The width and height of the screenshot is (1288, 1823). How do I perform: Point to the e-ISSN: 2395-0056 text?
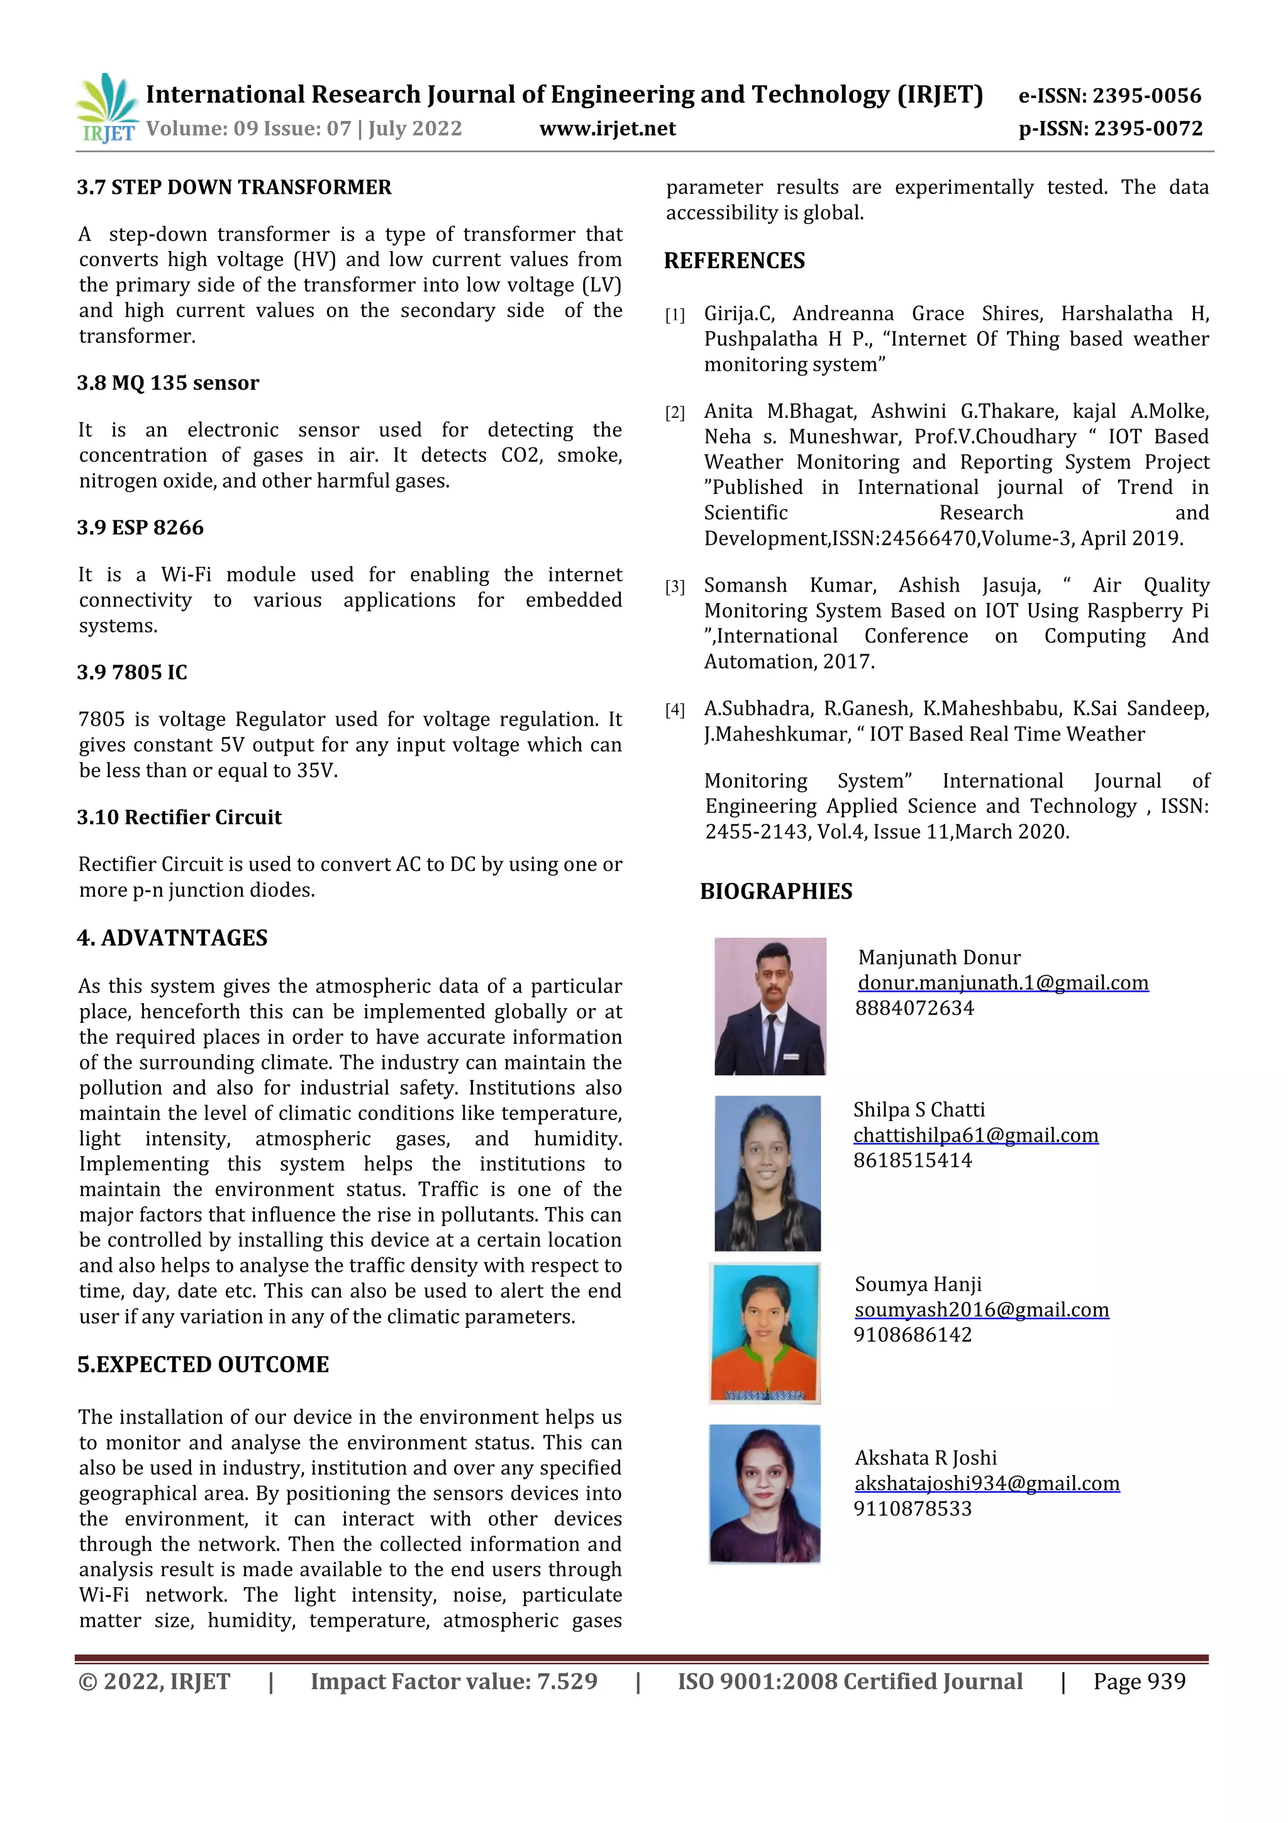(x=1109, y=96)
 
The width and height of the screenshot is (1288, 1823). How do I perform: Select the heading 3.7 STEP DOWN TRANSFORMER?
(x=234, y=188)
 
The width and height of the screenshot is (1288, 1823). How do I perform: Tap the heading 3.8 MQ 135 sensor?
(x=169, y=383)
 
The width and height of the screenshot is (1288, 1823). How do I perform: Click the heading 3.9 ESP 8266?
(x=140, y=527)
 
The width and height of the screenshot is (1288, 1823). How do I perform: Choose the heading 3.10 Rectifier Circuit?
(x=179, y=817)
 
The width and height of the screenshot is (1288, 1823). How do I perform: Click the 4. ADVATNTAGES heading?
(x=172, y=938)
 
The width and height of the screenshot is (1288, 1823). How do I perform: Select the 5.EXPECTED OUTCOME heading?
(x=203, y=1364)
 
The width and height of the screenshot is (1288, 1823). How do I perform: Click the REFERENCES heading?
(x=734, y=261)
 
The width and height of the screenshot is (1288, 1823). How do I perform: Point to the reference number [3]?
(x=675, y=586)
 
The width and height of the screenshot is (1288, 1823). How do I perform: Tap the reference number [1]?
(x=675, y=315)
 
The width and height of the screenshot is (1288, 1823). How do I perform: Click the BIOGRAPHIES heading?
(x=775, y=891)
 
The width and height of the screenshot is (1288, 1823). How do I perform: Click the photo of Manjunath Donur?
(x=770, y=1006)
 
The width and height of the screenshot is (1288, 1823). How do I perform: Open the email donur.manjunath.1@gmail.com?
(x=1003, y=982)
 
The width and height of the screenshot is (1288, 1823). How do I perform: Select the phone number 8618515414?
(x=913, y=1160)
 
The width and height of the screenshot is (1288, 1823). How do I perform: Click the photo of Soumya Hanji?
(x=764, y=1332)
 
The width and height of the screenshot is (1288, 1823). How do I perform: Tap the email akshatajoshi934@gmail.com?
(x=986, y=1483)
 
